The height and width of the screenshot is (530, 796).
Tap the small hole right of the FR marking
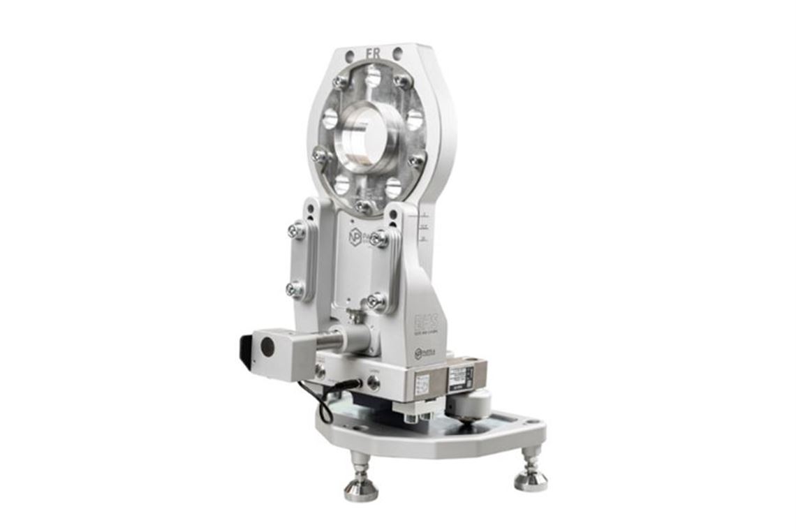(397, 53)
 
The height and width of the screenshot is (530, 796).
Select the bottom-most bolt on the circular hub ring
(362, 206)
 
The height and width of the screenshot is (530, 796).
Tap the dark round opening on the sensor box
(267, 348)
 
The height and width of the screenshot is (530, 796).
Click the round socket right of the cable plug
(374, 382)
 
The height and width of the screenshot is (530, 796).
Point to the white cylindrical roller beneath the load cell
(474, 403)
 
